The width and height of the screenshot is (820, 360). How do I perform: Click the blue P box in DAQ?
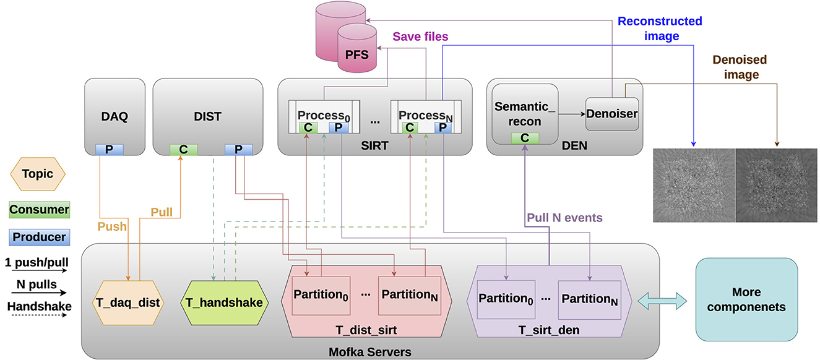click(110, 149)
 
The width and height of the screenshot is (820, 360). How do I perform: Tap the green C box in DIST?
click(184, 149)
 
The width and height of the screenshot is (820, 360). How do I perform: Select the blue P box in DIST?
click(238, 149)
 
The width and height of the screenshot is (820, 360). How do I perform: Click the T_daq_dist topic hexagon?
click(128, 302)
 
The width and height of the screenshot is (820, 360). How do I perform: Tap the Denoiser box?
click(611, 113)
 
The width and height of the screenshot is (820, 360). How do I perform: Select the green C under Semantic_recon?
click(524, 138)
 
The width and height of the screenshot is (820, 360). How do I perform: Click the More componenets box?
click(746, 299)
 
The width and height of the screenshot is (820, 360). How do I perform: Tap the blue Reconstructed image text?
click(660, 28)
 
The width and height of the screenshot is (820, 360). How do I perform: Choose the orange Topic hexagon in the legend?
click(38, 174)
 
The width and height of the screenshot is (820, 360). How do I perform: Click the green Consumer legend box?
click(38, 210)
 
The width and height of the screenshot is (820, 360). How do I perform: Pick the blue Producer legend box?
click(38, 237)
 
